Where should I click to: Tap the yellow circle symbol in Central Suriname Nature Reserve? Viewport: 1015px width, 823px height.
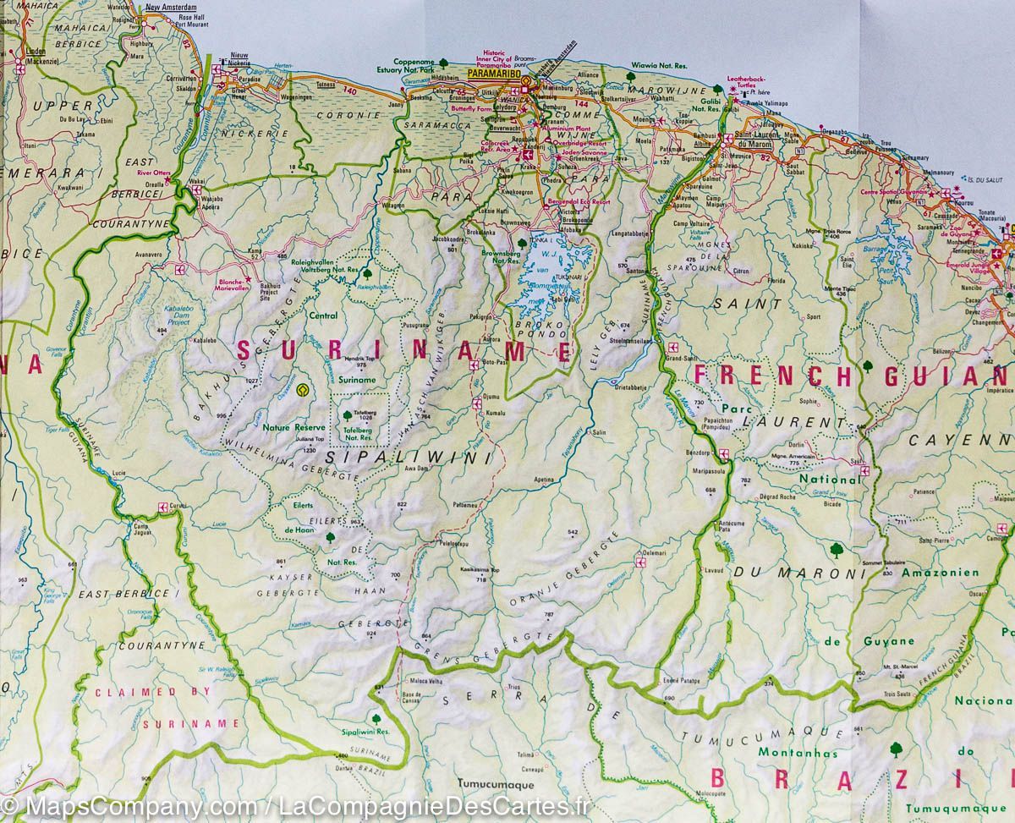coord(303,391)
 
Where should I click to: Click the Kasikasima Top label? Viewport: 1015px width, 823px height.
coord(480,571)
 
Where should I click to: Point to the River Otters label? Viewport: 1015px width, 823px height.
coord(154,173)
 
